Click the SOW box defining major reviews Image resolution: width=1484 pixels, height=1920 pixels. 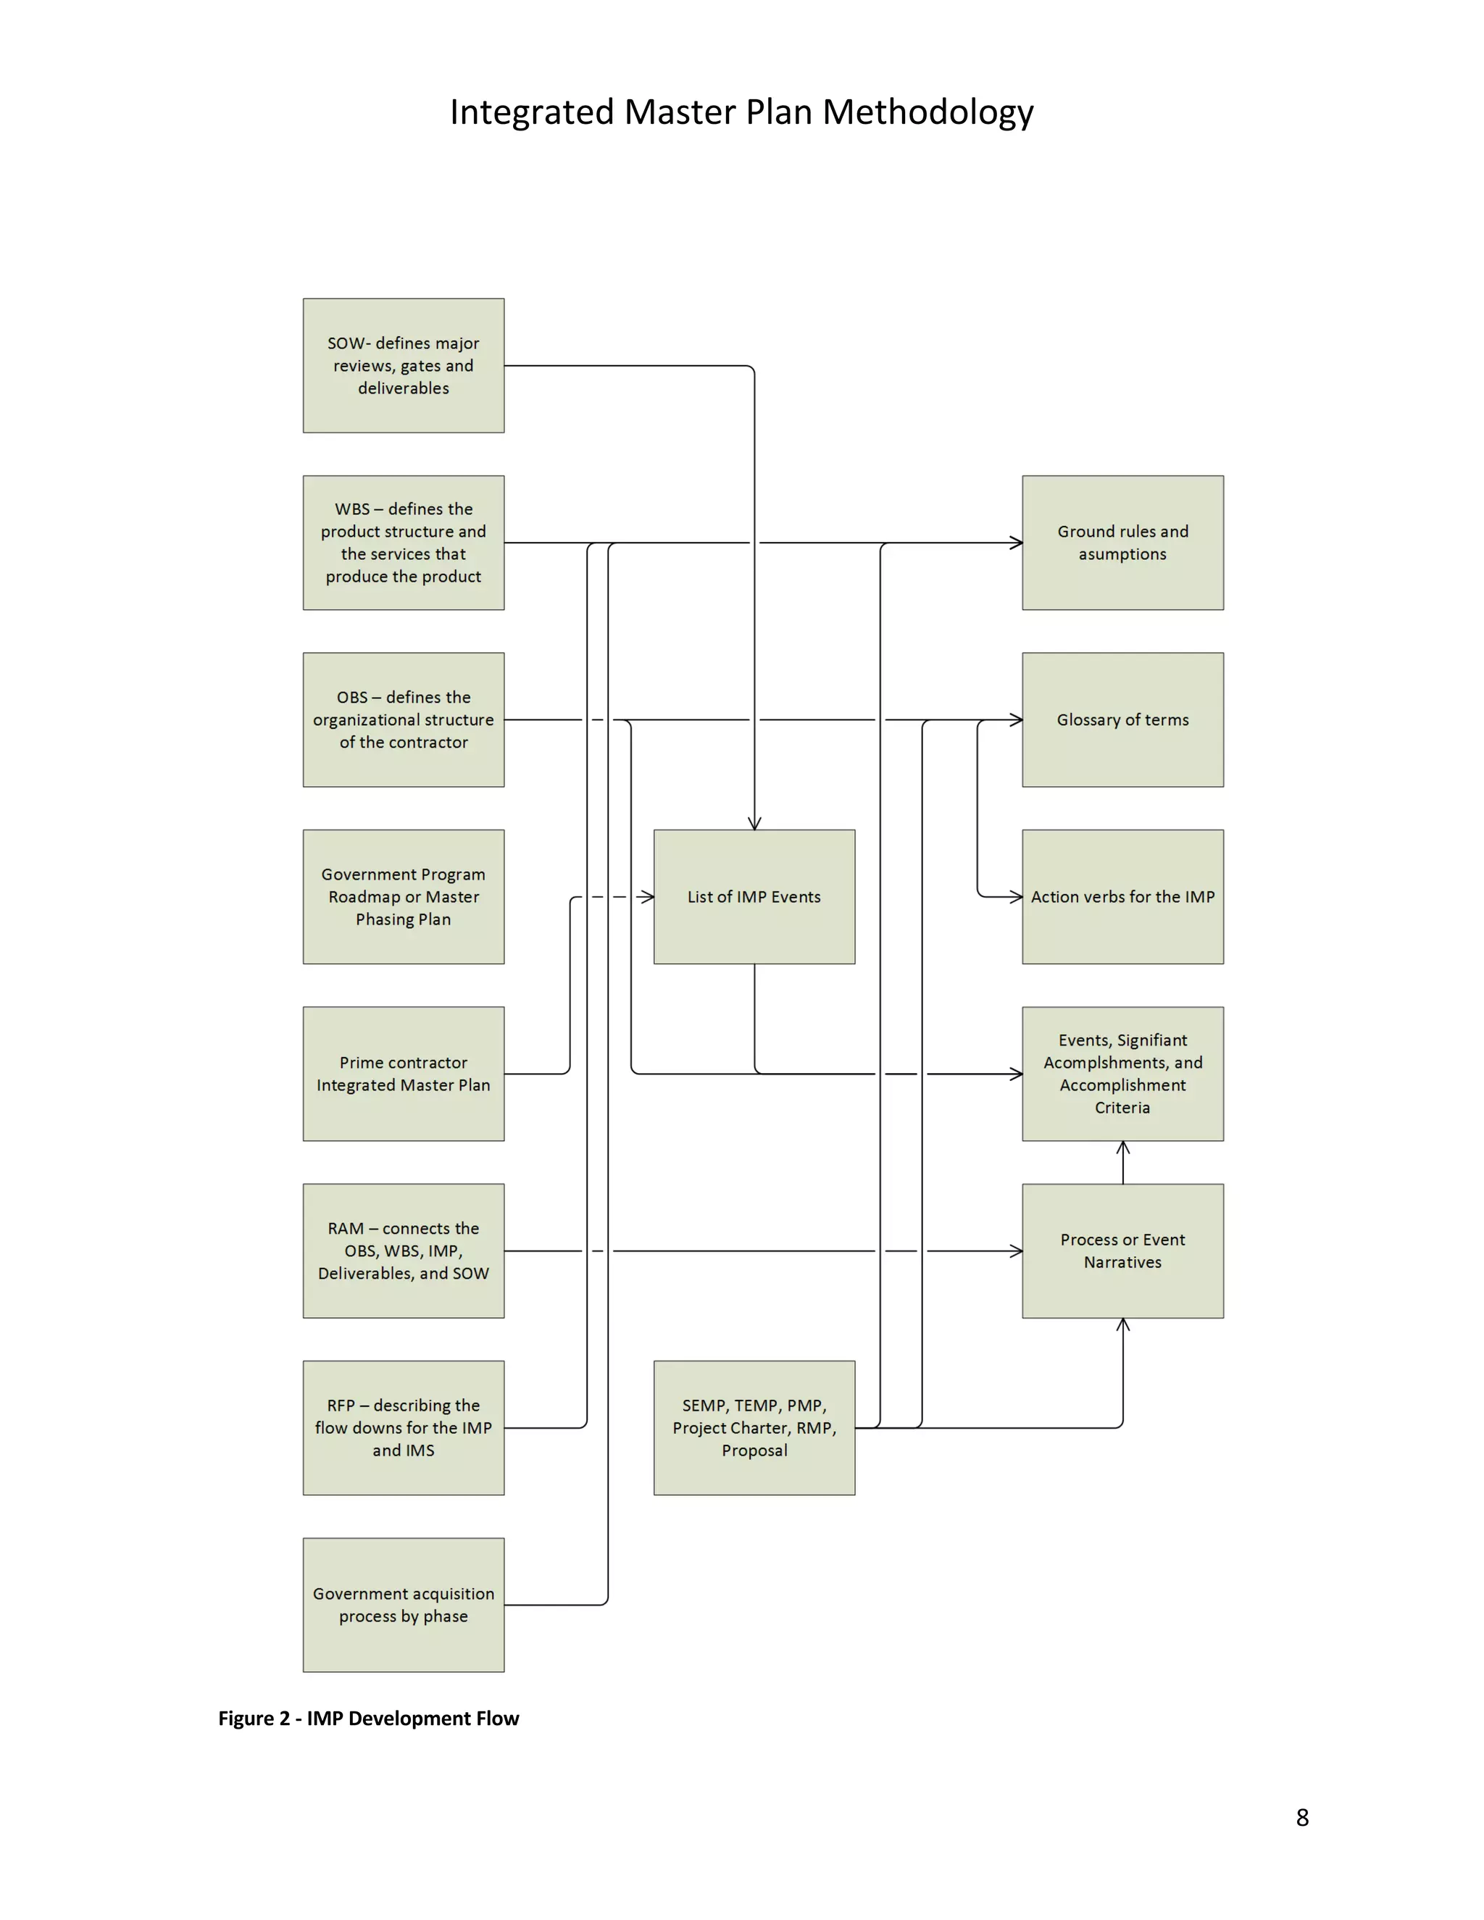pos(404,366)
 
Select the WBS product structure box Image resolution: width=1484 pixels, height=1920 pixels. pos(404,543)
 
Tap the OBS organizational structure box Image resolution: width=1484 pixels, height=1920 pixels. pos(404,719)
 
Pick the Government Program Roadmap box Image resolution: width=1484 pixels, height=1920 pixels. pos(404,897)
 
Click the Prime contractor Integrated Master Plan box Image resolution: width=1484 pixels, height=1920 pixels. pos(404,1074)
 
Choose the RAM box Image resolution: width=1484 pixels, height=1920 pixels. pos(404,1250)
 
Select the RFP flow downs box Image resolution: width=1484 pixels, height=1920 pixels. pos(404,1428)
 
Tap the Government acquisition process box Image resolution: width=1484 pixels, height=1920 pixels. pos(404,1604)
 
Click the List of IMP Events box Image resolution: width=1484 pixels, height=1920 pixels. pos(754,897)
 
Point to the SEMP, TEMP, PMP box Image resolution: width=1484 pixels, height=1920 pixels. pos(754,1428)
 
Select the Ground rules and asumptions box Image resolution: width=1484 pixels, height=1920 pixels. pos(1122,543)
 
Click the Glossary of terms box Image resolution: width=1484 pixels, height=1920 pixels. pos(1122,719)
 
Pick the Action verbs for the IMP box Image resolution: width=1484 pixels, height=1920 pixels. pos(1122,897)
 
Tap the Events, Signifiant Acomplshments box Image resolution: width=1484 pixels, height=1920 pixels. pos(1122,1074)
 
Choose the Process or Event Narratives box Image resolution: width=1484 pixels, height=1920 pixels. pos(1122,1250)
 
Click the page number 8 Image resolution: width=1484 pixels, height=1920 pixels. pos(1302,1817)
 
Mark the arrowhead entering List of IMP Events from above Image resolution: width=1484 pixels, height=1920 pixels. pos(754,824)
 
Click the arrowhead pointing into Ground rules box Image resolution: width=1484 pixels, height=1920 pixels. pos(1017,543)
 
